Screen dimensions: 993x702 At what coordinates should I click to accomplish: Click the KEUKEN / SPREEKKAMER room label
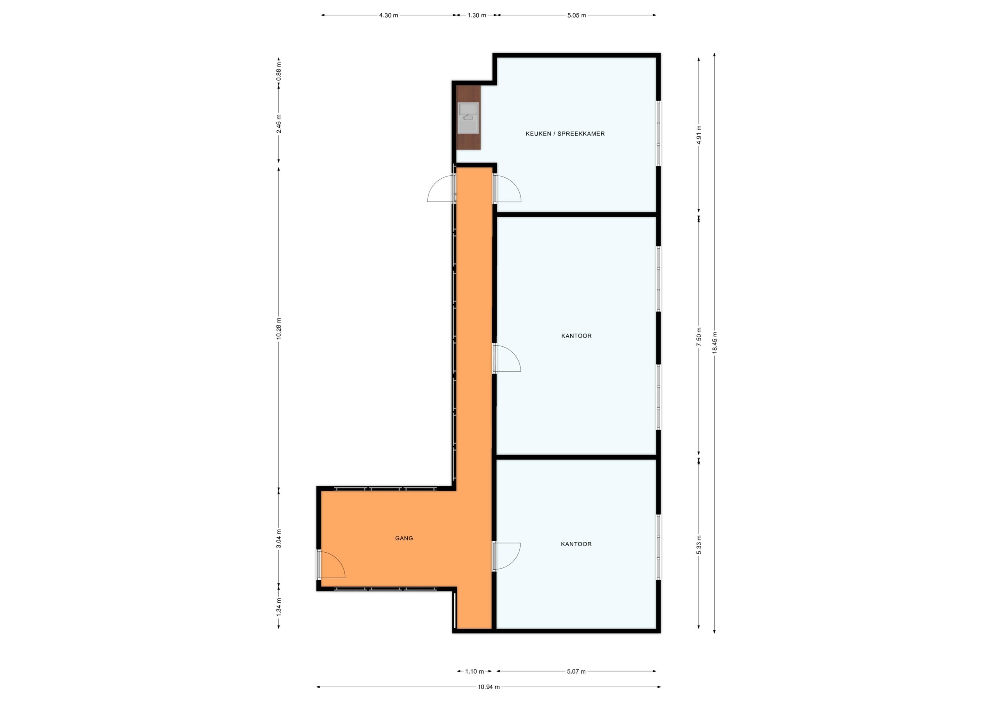tap(565, 134)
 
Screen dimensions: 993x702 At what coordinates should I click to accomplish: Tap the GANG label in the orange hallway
tap(404, 538)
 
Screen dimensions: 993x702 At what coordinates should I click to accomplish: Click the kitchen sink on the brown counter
tap(469, 117)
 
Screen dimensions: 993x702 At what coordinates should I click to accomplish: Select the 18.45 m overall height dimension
tap(714, 343)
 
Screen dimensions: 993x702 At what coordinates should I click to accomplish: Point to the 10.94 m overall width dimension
tap(489, 687)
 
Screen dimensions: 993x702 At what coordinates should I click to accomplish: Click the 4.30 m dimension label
tap(388, 15)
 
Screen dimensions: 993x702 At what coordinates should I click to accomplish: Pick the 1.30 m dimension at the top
tap(477, 15)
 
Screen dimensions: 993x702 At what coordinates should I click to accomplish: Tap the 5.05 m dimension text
tap(576, 15)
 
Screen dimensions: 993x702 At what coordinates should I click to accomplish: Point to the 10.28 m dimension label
tap(279, 329)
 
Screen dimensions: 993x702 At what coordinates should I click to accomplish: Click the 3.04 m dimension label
tap(279, 538)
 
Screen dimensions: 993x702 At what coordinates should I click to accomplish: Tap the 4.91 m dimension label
tap(699, 135)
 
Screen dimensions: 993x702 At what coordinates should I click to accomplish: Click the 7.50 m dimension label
tap(699, 337)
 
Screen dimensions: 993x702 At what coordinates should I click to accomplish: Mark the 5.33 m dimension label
tap(699, 545)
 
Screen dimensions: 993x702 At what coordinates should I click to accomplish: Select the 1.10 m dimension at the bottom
tap(474, 671)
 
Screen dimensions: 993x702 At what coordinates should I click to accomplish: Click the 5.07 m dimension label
tap(576, 671)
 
